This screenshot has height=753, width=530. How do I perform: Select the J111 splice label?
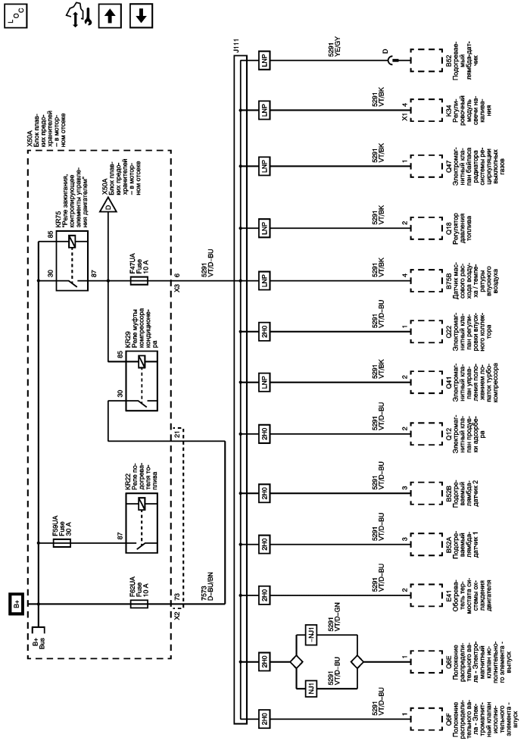tap(235, 48)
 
